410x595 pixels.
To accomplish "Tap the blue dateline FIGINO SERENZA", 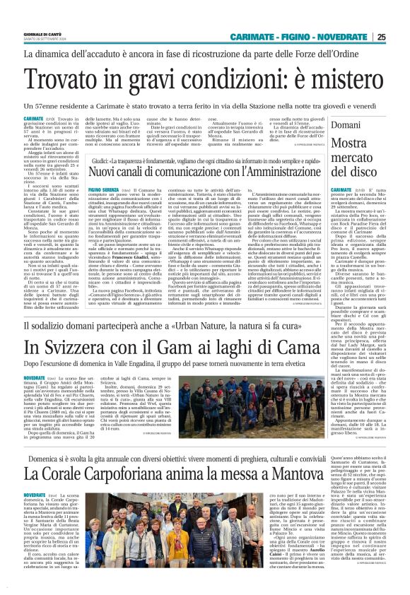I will click(x=102, y=190).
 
